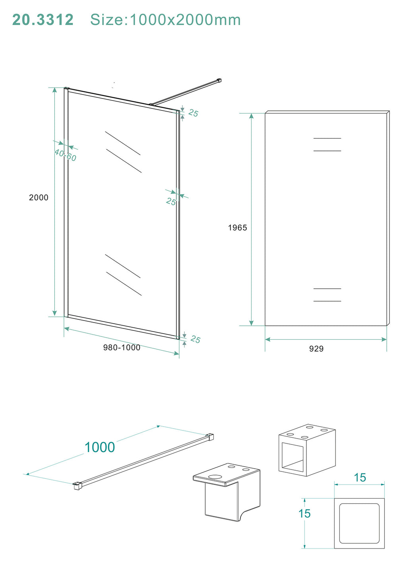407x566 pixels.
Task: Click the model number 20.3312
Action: click(x=43, y=20)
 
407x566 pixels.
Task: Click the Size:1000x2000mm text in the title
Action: click(x=165, y=20)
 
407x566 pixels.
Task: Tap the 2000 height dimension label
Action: click(x=39, y=197)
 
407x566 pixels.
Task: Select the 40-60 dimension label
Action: click(x=65, y=155)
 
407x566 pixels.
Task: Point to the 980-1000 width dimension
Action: click(x=122, y=348)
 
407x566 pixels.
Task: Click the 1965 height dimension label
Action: click(x=237, y=228)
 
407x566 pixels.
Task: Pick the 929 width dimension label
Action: click(x=316, y=349)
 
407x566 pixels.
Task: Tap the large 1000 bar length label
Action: click(x=100, y=447)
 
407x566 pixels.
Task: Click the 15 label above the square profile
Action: click(x=360, y=477)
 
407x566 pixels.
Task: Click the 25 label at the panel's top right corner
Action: click(x=193, y=113)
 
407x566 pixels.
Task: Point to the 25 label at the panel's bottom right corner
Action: click(x=195, y=339)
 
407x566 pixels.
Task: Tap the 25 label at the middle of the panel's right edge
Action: click(x=171, y=201)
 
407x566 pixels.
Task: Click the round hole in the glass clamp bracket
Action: click(x=215, y=477)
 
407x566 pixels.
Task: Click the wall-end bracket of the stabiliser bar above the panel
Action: click(x=219, y=81)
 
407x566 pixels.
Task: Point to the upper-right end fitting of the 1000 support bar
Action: click(x=209, y=437)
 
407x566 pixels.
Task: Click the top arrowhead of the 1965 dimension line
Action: click(x=251, y=116)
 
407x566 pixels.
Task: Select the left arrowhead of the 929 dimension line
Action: click(x=268, y=339)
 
